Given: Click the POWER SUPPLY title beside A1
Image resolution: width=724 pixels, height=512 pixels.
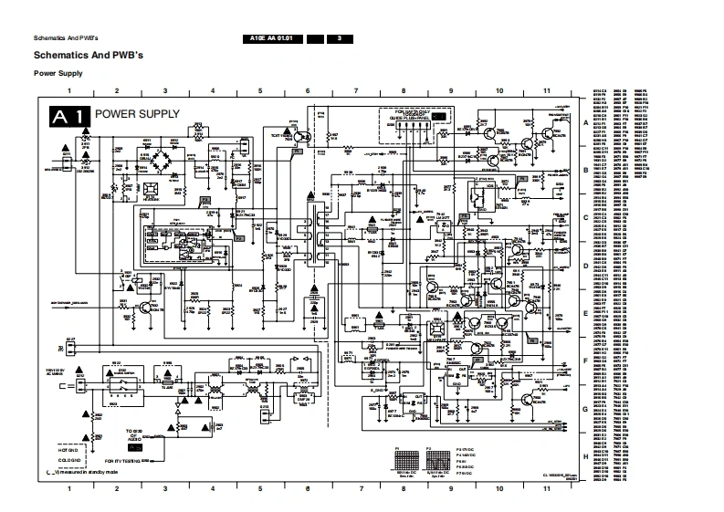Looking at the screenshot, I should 138,115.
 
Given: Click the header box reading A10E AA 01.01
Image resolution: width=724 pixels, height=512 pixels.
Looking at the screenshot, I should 271,37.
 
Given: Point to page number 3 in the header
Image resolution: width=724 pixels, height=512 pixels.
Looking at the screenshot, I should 339,37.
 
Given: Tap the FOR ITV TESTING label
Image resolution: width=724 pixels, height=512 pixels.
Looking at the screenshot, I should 126,461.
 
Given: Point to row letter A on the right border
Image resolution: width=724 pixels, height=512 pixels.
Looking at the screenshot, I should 585,122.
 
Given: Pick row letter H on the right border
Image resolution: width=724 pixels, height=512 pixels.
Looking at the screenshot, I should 585,455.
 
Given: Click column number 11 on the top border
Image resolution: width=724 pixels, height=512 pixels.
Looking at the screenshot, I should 546,92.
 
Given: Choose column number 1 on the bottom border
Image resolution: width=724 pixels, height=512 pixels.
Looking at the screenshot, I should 69,489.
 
